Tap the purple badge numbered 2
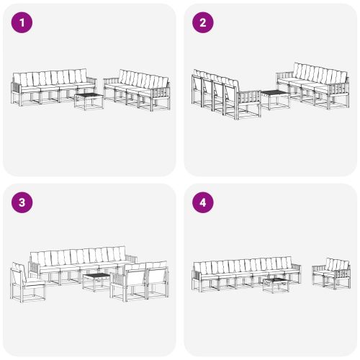(203, 23)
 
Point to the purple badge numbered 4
(203, 202)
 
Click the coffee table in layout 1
(89, 100)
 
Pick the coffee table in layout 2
(274, 99)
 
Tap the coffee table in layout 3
(96, 280)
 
